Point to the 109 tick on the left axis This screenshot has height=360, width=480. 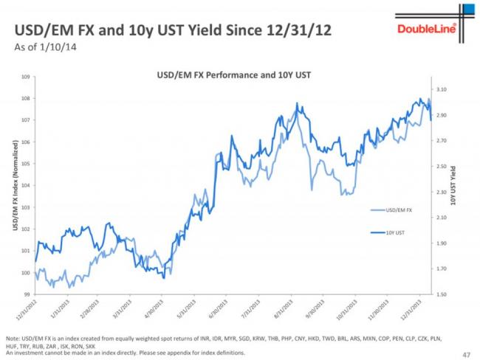click(x=25, y=77)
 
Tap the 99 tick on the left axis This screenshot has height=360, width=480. click(x=26, y=294)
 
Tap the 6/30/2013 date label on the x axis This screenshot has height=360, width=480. click(x=219, y=310)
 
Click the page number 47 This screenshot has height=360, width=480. click(x=465, y=353)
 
